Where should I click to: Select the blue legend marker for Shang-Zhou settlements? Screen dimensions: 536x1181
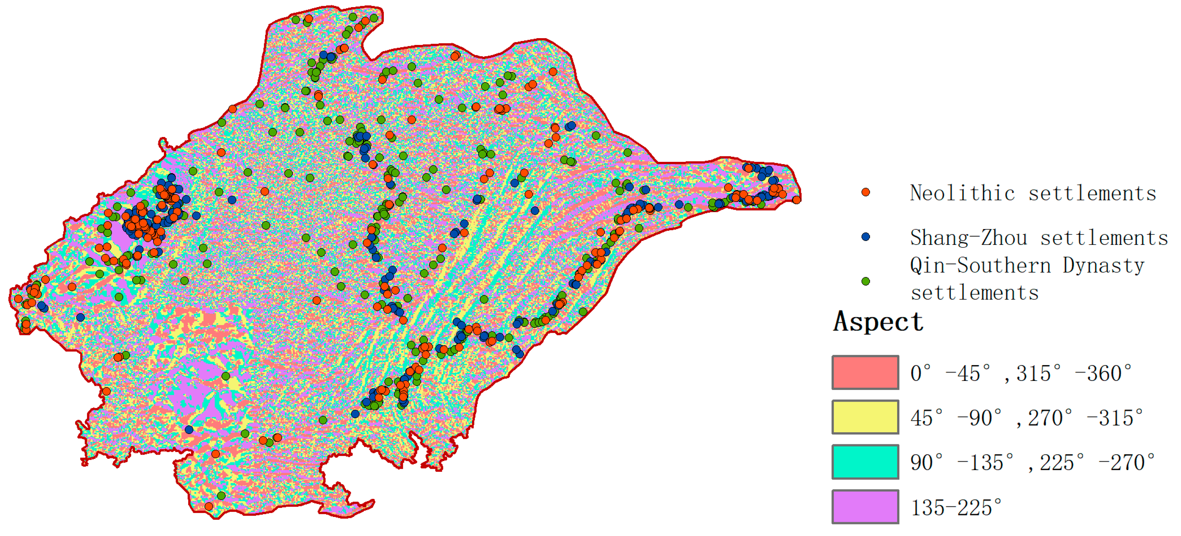pos(865,237)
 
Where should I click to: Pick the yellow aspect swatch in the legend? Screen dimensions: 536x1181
pos(865,417)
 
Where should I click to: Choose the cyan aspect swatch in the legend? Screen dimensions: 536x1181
pos(865,462)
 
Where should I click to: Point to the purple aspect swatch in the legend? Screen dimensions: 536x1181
pos(865,506)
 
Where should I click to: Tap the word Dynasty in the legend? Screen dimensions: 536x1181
pos(1103,266)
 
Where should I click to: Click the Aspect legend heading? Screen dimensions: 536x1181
pos(878,321)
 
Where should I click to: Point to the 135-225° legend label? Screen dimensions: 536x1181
pos(956,508)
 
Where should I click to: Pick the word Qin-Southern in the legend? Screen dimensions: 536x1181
pos(981,266)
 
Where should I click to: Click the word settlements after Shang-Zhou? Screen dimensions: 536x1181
pos(1104,237)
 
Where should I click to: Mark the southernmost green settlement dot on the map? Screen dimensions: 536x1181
pos(221,496)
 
